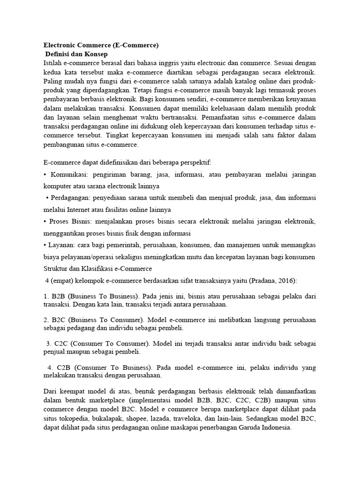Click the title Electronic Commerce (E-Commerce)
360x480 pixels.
click(x=101, y=45)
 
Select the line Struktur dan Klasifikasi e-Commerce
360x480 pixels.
click(x=97, y=269)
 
